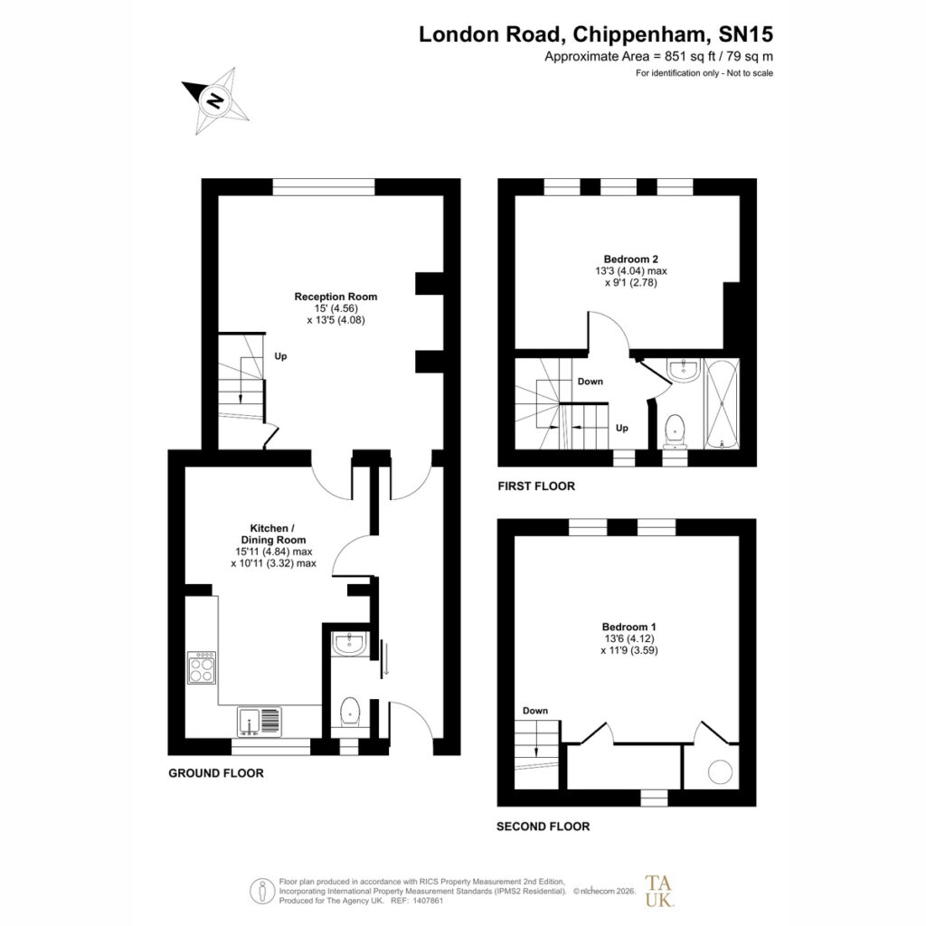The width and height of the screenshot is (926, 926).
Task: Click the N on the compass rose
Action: (x=215, y=99)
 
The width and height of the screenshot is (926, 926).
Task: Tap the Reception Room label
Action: (x=335, y=297)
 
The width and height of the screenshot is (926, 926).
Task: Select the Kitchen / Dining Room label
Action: (x=273, y=534)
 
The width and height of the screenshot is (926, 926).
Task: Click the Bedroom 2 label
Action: (x=630, y=259)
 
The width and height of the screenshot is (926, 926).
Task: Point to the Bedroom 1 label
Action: (x=629, y=627)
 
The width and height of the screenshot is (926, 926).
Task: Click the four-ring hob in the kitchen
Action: (x=202, y=667)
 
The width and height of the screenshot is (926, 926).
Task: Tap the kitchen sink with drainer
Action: (x=260, y=721)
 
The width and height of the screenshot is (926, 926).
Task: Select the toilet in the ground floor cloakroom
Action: (x=351, y=713)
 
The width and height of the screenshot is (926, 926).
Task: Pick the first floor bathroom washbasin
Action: (x=684, y=370)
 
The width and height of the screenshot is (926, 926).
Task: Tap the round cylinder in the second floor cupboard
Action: (x=720, y=771)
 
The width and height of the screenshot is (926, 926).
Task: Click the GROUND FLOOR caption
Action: (x=216, y=773)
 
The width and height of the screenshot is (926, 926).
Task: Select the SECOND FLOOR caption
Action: (x=543, y=827)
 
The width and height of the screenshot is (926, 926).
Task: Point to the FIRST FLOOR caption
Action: (x=536, y=486)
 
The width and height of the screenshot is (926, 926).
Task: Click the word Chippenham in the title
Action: (x=639, y=34)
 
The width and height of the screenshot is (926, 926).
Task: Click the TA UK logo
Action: (x=658, y=891)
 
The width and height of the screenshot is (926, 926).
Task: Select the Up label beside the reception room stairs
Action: (x=280, y=356)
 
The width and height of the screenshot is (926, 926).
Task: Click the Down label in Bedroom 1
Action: (x=535, y=711)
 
